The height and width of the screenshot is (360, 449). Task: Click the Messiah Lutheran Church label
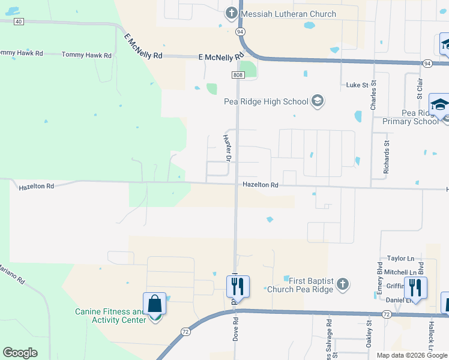click(x=289, y=14)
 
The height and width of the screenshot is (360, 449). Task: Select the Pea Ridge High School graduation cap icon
click(x=318, y=101)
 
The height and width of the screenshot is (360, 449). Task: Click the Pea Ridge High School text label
click(x=265, y=101)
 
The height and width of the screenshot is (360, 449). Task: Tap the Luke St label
click(x=357, y=85)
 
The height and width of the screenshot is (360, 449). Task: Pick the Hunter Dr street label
click(x=228, y=148)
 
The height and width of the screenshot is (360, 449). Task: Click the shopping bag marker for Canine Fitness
click(x=155, y=304)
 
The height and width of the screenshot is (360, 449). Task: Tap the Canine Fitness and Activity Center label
click(x=110, y=316)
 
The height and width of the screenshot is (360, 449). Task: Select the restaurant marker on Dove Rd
click(x=238, y=287)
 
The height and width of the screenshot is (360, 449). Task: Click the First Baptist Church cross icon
click(x=342, y=284)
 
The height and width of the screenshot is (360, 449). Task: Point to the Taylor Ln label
click(x=401, y=259)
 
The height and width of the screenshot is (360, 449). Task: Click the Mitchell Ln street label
click(x=400, y=272)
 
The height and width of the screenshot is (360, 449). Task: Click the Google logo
click(x=20, y=353)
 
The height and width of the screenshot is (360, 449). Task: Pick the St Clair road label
click(x=420, y=87)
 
